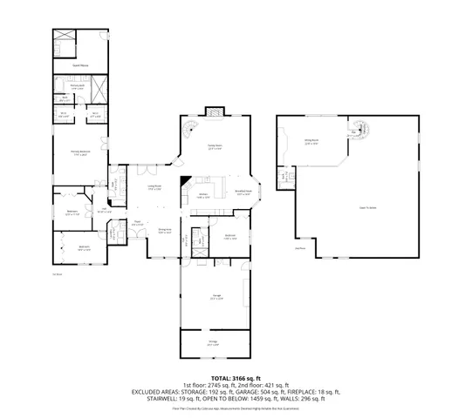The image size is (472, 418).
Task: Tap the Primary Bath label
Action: point(78,86)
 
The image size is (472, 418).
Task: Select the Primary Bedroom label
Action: point(81,153)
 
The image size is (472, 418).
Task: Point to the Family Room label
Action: point(214,147)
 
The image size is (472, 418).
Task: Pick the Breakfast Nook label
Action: point(243,192)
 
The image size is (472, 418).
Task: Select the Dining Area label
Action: point(164,233)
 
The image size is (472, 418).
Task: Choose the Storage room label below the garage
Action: point(212,344)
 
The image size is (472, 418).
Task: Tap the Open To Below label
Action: point(368,207)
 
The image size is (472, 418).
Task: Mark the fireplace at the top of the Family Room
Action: point(215,111)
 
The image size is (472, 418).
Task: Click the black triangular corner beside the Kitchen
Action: point(184,185)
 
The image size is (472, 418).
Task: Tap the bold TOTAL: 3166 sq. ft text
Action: point(236,378)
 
